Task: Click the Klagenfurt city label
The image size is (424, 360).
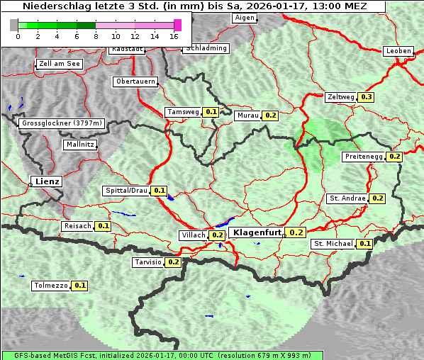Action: pyautogui.click(x=256, y=232)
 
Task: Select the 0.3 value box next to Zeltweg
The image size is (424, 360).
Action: pyautogui.click(x=366, y=96)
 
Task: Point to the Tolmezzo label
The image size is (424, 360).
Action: pyautogui.click(x=51, y=286)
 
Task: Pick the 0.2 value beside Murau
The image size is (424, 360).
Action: pyautogui.click(x=270, y=115)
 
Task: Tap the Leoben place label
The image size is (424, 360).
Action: pyautogui.click(x=398, y=51)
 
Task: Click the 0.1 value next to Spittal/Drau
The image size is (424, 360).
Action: pyautogui.click(x=160, y=191)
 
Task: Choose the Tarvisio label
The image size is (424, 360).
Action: pyautogui.click(x=147, y=262)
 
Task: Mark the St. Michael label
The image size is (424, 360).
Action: pyautogui.click(x=333, y=244)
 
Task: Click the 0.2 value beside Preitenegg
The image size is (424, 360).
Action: pyautogui.click(x=395, y=157)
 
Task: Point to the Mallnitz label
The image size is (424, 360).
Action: pyautogui.click(x=80, y=145)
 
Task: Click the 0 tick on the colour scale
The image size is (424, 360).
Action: pyautogui.click(x=18, y=36)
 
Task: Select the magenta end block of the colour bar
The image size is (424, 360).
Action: pyautogui.click(x=177, y=25)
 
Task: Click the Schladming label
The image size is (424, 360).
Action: pyautogui.click(x=206, y=48)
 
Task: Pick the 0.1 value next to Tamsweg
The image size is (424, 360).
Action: pyautogui.click(x=211, y=112)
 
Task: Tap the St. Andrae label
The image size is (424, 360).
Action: pyautogui.click(x=347, y=198)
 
